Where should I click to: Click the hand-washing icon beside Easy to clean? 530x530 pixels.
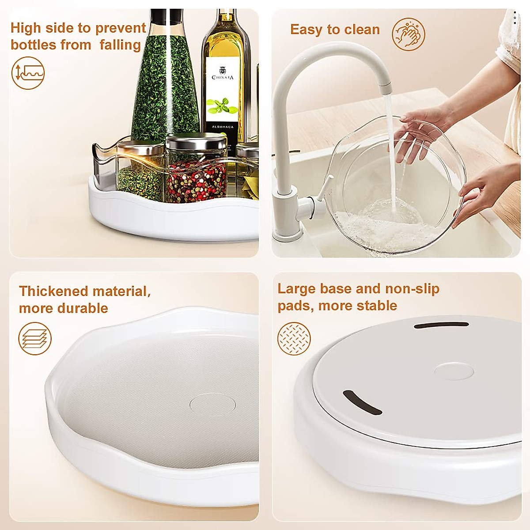409,34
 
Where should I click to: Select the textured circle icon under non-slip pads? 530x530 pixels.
294,339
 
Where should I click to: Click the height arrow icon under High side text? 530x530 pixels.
28,73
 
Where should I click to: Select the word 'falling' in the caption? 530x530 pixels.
120,45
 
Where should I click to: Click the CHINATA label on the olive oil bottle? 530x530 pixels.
223,77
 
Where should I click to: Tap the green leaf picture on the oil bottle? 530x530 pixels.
223,106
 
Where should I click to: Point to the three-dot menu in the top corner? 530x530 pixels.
515,16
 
